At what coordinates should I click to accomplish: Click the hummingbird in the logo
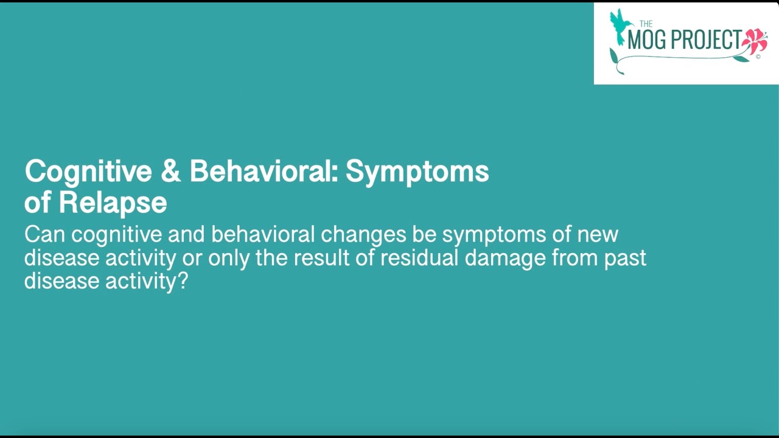(620, 26)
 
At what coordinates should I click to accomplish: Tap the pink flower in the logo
(755, 41)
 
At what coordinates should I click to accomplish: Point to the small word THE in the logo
(646, 24)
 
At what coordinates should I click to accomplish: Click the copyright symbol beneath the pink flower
(758, 57)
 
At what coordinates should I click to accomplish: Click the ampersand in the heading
(171, 172)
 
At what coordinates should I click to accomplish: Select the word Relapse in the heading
(113, 203)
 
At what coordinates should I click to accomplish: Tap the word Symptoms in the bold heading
(417, 172)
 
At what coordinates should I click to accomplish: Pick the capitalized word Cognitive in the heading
(88, 172)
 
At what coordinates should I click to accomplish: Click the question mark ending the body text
(182, 281)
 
